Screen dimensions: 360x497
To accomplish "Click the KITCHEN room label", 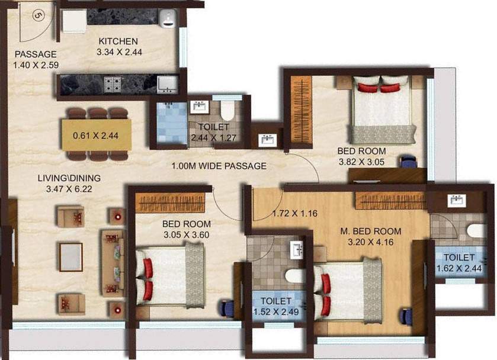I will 118,41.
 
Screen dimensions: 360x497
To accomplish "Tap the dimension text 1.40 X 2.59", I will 36,64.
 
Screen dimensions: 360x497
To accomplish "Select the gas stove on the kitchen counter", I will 113,85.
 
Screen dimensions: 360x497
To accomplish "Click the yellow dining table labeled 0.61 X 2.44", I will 95,135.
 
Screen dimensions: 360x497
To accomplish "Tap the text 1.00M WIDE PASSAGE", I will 219,166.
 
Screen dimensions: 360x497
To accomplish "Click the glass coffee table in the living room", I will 70,257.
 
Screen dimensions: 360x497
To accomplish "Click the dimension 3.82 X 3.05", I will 361,161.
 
